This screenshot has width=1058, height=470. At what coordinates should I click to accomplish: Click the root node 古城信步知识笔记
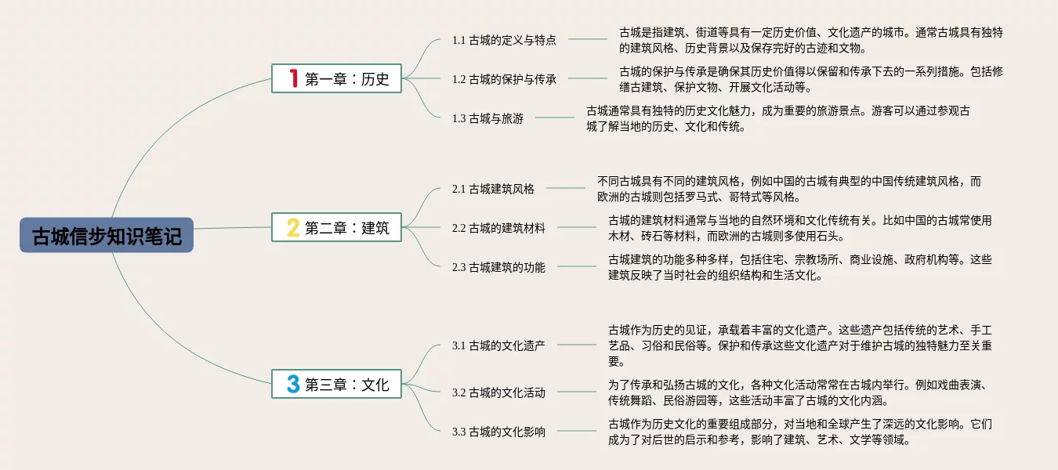click(x=107, y=235)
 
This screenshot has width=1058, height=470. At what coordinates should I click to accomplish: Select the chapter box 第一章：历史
click(x=336, y=78)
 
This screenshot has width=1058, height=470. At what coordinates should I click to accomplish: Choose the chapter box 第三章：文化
click(x=336, y=384)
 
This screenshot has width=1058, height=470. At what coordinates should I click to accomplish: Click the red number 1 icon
click(x=293, y=78)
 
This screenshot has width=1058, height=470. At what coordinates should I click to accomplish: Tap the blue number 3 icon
click(x=293, y=384)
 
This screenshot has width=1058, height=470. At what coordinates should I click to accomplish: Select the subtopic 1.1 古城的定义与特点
click(x=504, y=40)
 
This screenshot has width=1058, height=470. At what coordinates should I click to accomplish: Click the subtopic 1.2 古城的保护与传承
click(x=504, y=78)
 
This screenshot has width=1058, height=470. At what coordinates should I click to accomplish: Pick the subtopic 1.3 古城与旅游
click(x=487, y=118)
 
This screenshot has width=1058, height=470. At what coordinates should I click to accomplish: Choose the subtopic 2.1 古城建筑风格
click(x=493, y=189)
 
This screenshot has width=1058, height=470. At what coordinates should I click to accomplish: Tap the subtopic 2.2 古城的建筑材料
click(x=498, y=228)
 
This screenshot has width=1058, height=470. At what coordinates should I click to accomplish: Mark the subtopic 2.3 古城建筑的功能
click(x=498, y=267)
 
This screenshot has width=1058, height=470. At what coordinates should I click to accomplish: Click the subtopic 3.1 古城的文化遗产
click(x=498, y=345)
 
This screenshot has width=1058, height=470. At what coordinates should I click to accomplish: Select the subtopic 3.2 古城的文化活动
click(x=498, y=392)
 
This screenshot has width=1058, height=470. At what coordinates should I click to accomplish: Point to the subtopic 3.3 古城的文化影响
click(x=498, y=432)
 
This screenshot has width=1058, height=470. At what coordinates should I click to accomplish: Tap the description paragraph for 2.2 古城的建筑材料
click(x=799, y=228)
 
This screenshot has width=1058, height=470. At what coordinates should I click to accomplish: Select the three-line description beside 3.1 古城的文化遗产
click(x=799, y=345)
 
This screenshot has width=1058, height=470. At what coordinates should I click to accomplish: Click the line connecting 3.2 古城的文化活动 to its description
click(x=576, y=392)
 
